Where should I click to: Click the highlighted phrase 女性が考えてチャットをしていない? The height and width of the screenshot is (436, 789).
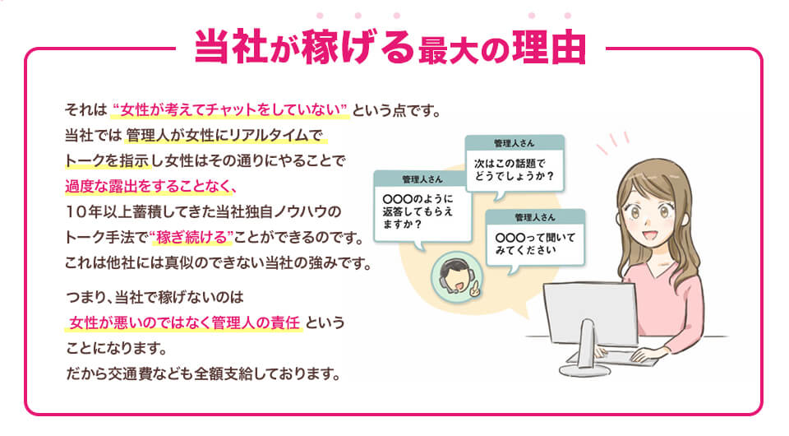(x=231, y=109)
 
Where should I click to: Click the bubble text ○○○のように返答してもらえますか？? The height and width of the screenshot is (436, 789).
(x=415, y=211)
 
